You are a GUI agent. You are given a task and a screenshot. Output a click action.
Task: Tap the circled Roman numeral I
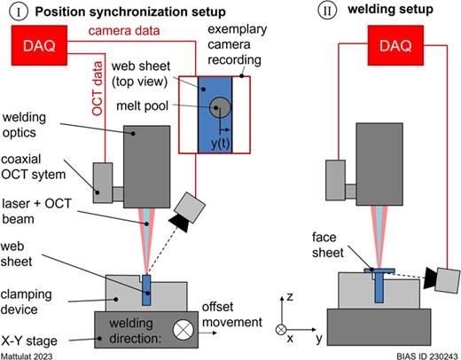pos(15,11)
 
